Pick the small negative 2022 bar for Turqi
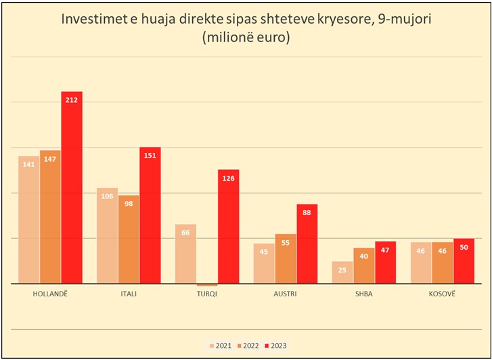click(x=207, y=286)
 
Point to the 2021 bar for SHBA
click(x=342, y=274)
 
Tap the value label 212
click(x=72, y=100)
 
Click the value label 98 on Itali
click(x=129, y=204)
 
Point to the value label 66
click(x=185, y=233)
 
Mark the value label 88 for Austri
click(x=307, y=212)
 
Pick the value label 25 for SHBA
click(x=342, y=270)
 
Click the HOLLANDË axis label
click(x=50, y=294)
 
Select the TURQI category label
click(x=206, y=294)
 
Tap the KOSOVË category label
click(x=442, y=294)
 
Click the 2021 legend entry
click(x=220, y=346)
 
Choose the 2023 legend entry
click(x=275, y=346)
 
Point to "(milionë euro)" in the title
click(x=246, y=39)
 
